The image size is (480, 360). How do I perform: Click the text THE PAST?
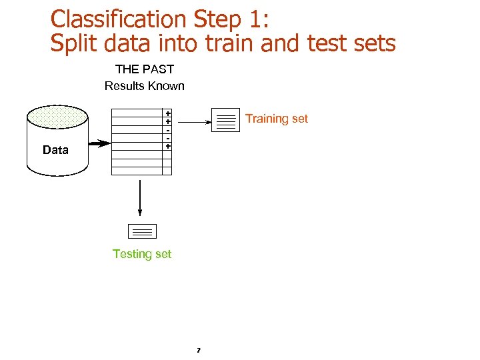(x=145, y=69)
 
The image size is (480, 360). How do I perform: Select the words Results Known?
(x=145, y=86)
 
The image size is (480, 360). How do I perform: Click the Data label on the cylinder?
(x=55, y=150)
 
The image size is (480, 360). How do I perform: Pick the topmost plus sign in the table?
(x=168, y=114)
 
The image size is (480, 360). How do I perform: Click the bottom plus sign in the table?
(x=168, y=145)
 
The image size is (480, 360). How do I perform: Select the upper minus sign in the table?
(x=168, y=130)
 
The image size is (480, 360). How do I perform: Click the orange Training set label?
(x=277, y=119)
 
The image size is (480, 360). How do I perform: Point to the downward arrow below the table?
(x=140, y=198)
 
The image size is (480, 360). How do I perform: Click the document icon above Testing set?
(x=141, y=231)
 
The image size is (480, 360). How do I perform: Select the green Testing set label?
(x=142, y=254)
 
